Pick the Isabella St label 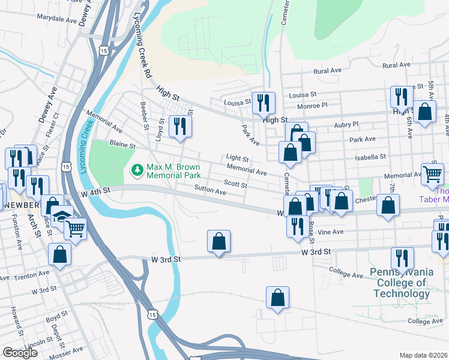click(370, 157)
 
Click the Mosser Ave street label click(67, 349)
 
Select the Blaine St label click(122, 144)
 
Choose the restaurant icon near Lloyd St click(180, 126)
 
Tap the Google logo click(20, 353)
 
